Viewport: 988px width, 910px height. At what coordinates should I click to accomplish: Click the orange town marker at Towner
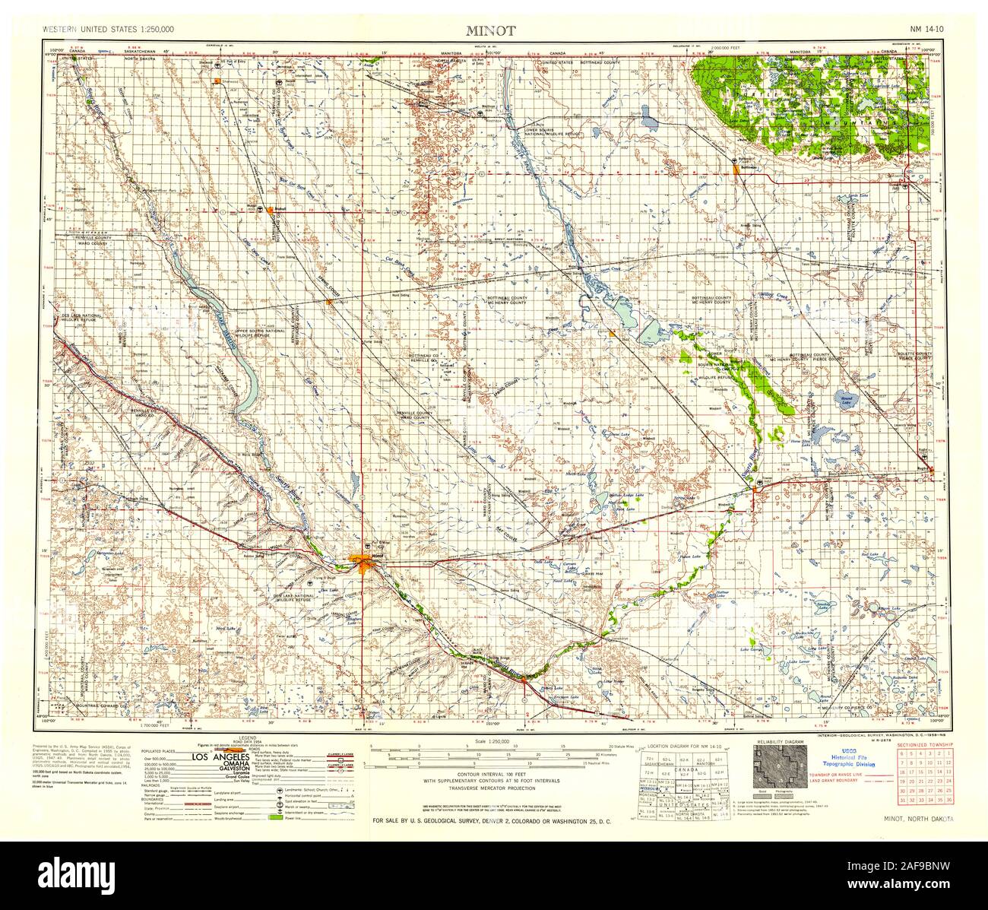click(755, 490)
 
